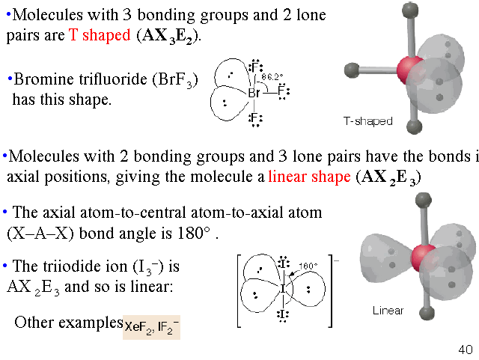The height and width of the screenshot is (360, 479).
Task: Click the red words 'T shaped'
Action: tap(100, 35)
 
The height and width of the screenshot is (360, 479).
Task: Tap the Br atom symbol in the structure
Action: tap(254, 93)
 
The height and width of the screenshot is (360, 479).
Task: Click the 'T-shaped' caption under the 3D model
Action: tap(367, 120)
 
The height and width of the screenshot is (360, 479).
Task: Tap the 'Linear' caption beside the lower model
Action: tap(388, 310)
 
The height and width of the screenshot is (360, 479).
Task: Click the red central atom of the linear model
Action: tap(424, 255)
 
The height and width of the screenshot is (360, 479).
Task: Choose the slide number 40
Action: tap(464, 350)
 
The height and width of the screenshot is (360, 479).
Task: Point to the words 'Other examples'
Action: tap(68, 323)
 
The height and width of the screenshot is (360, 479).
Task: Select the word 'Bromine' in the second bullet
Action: tap(38, 80)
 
